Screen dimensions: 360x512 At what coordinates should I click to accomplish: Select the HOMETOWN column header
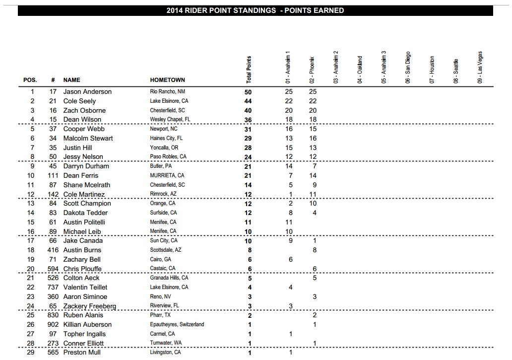(167, 80)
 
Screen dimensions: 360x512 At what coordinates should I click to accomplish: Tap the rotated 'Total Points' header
(249, 70)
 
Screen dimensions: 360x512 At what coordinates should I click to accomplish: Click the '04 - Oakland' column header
(360, 70)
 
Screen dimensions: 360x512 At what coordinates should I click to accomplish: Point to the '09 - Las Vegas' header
(480, 67)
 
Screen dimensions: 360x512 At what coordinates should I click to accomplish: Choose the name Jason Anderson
(87, 92)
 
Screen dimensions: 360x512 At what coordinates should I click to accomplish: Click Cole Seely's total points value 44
(249, 101)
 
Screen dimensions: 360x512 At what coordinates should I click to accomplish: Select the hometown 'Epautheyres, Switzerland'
(177, 325)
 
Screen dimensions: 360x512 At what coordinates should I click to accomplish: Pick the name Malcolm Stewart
(88, 139)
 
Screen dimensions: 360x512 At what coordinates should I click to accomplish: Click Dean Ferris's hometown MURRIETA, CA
(167, 176)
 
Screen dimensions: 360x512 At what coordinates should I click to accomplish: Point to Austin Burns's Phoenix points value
(315, 250)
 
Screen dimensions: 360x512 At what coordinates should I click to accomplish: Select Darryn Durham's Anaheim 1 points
(289, 166)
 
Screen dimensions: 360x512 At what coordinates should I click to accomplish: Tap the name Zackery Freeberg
(89, 306)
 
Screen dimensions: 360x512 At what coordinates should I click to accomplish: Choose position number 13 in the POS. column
(32, 204)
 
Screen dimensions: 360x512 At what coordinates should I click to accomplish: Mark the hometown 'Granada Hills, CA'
(169, 278)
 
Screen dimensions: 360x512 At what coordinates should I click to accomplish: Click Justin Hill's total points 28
(249, 147)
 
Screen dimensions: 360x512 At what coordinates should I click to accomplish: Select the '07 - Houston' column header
(432, 69)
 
